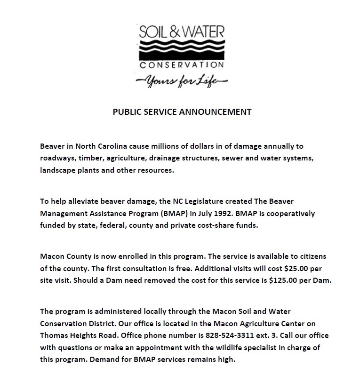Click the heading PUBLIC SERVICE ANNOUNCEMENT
pyautogui.click(x=182, y=112)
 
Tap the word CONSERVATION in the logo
pyautogui.click(x=182, y=64)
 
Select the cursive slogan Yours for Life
pyautogui.click(x=182, y=81)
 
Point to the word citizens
pyautogui.click(x=311, y=256)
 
